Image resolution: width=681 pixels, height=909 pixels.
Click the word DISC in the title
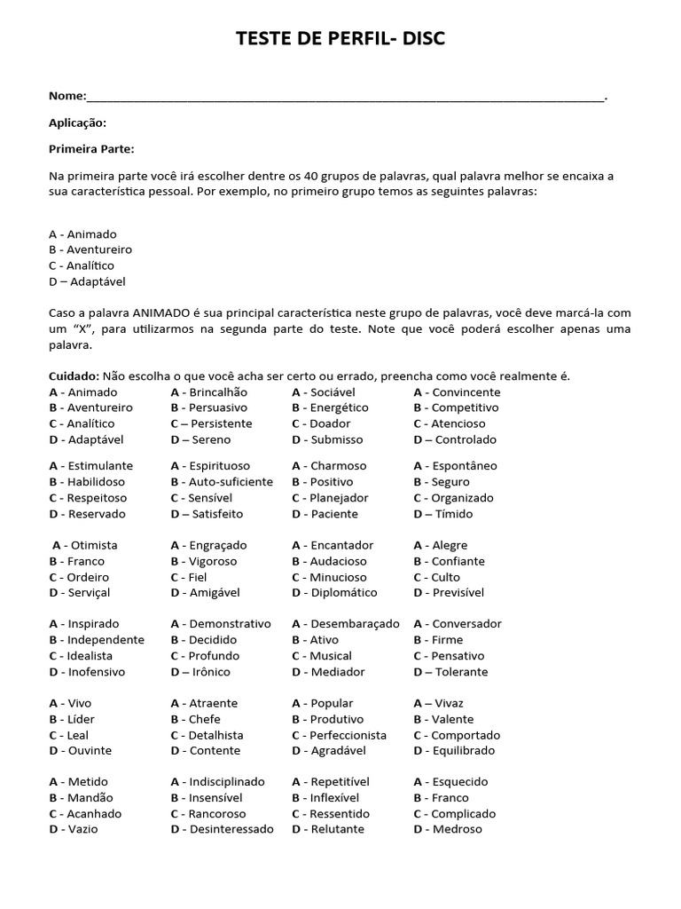(x=420, y=38)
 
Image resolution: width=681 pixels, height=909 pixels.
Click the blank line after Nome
(x=346, y=98)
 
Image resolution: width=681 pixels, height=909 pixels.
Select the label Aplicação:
(x=78, y=123)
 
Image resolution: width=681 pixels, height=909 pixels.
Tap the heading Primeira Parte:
(x=92, y=149)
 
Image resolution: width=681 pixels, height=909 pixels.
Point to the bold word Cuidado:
(x=74, y=376)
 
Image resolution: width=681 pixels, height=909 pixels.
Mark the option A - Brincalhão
(x=209, y=392)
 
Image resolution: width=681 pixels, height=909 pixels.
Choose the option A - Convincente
(x=457, y=392)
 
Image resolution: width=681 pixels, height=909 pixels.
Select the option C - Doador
(x=321, y=424)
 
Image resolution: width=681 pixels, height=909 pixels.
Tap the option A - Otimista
(x=85, y=545)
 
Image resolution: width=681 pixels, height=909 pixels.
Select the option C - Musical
(x=322, y=656)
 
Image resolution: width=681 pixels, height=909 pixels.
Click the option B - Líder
(x=72, y=719)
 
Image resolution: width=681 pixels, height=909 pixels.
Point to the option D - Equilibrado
(x=454, y=751)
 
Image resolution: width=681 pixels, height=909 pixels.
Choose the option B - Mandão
(x=82, y=798)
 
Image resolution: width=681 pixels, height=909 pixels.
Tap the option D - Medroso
(x=448, y=829)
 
